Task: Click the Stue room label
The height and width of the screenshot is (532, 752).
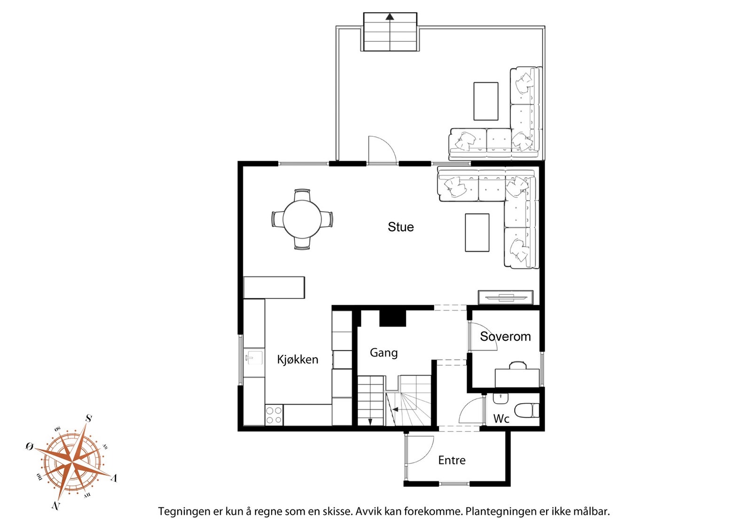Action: tap(400, 227)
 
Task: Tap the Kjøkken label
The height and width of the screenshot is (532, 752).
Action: tap(298, 360)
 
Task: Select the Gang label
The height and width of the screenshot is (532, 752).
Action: tap(384, 353)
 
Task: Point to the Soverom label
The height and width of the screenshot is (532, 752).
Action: tap(505, 336)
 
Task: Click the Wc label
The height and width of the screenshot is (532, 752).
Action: tap(501, 419)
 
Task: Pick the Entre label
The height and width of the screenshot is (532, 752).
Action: tap(452, 460)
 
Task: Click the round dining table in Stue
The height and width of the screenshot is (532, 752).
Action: tap(302, 219)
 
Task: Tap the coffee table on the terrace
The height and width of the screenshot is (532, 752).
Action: tap(486, 101)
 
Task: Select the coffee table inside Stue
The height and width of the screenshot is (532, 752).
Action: tap(477, 232)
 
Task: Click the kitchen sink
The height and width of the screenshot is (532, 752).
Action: tap(254, 358)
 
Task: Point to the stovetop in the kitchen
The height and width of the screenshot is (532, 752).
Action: tap(274, 415)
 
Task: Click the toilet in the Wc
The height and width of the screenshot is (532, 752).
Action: tap(526, 410)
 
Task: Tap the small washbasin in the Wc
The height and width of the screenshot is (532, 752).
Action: tap(501, 399)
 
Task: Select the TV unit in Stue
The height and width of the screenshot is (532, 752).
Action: tap(506, 297)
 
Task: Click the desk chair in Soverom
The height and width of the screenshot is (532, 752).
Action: tap(517, 365)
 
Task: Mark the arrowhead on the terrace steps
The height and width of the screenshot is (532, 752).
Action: tap(390, 16)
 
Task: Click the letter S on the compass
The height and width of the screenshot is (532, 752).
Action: tap(89, 418)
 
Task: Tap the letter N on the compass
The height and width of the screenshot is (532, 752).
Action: tap(56, 506)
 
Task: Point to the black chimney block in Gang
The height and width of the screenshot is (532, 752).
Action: tap(393, 318)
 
